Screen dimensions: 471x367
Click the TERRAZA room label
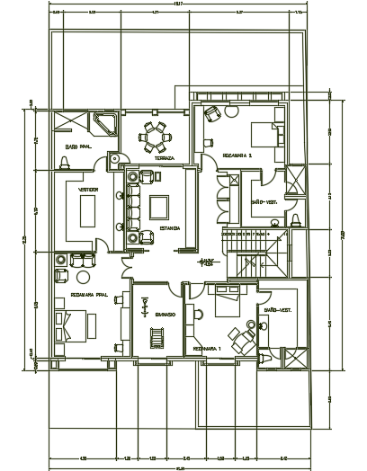[163, 158]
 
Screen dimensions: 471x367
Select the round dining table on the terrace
[158, 137]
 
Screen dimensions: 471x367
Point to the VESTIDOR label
[88, 191]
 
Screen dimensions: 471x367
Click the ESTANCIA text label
[170, 228]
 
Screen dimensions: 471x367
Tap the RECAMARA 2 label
[237, 156]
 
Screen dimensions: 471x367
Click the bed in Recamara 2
[263, 135]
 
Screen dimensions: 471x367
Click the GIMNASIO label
[164, 315]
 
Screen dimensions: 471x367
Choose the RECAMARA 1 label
[206, 347]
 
